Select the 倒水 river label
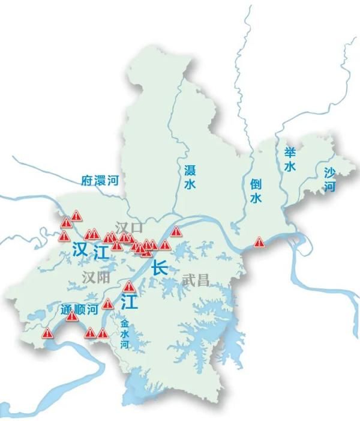pos(256,190)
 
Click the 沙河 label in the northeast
pos(329,180)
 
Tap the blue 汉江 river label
pos(91,252)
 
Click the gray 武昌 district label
pos(194,279)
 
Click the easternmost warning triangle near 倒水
pos(259,242)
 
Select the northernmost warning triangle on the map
pos(76,215)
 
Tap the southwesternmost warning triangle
pos(47,333)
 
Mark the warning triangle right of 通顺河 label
pos(108,304)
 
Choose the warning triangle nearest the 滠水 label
pos(176,231)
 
